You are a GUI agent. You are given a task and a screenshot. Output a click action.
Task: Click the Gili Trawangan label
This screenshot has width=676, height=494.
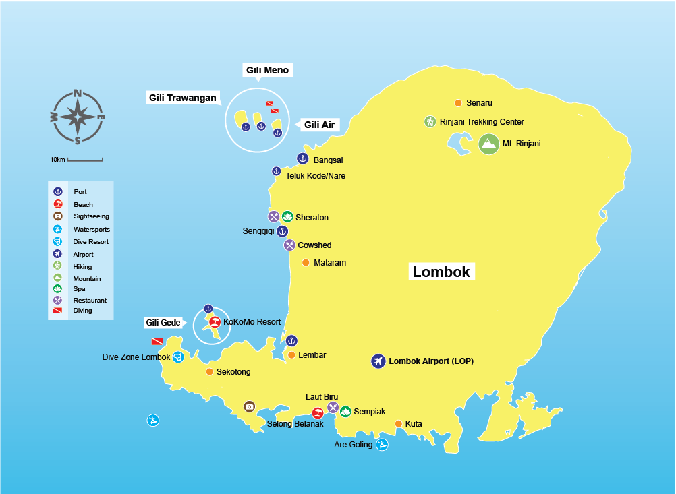click(x=183, y=98)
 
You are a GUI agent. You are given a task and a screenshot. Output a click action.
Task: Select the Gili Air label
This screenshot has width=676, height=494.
click(x=319, y=125)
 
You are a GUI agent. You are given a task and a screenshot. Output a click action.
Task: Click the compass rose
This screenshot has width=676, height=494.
click(x=78, y=117)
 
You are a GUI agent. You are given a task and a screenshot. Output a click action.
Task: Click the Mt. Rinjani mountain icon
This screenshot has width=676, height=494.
click(x=488, y=144)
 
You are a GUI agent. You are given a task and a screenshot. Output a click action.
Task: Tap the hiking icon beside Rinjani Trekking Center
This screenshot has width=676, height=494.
click(x=430, y=122)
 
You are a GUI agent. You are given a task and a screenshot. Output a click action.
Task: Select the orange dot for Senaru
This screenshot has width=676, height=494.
click(x=458, y=103)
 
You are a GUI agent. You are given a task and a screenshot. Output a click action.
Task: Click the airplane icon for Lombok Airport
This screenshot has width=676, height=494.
click(x=378, y=361)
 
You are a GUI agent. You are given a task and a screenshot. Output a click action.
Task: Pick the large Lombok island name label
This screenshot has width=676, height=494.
click(x=441, y=272)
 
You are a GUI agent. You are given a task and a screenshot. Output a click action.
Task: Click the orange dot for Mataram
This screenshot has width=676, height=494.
click(x=306, y=263)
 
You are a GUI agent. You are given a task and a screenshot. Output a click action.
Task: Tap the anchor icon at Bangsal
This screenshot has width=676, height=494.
click(x=302, y=158)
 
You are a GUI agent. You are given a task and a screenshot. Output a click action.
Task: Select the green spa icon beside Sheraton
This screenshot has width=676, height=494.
click(x=287, y=217)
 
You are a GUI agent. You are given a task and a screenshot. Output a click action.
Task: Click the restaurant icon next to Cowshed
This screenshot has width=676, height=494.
click(x=289, y=245)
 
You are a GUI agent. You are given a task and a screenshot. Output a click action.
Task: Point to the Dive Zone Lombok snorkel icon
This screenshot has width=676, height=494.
click(x=178, y=357)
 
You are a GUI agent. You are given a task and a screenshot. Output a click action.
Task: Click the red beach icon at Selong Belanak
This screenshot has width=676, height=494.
click(x=317, y=413)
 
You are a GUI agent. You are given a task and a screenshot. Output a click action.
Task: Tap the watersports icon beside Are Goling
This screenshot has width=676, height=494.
click(x=382, y=445)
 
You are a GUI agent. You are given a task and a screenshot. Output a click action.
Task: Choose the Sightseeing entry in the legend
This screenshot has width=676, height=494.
click(x=91, y=216)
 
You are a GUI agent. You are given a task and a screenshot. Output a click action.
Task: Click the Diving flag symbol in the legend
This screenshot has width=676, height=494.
click(x=58, y=311)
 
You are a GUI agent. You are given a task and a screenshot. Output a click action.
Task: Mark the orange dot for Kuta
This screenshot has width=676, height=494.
click(x=398, y=424)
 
